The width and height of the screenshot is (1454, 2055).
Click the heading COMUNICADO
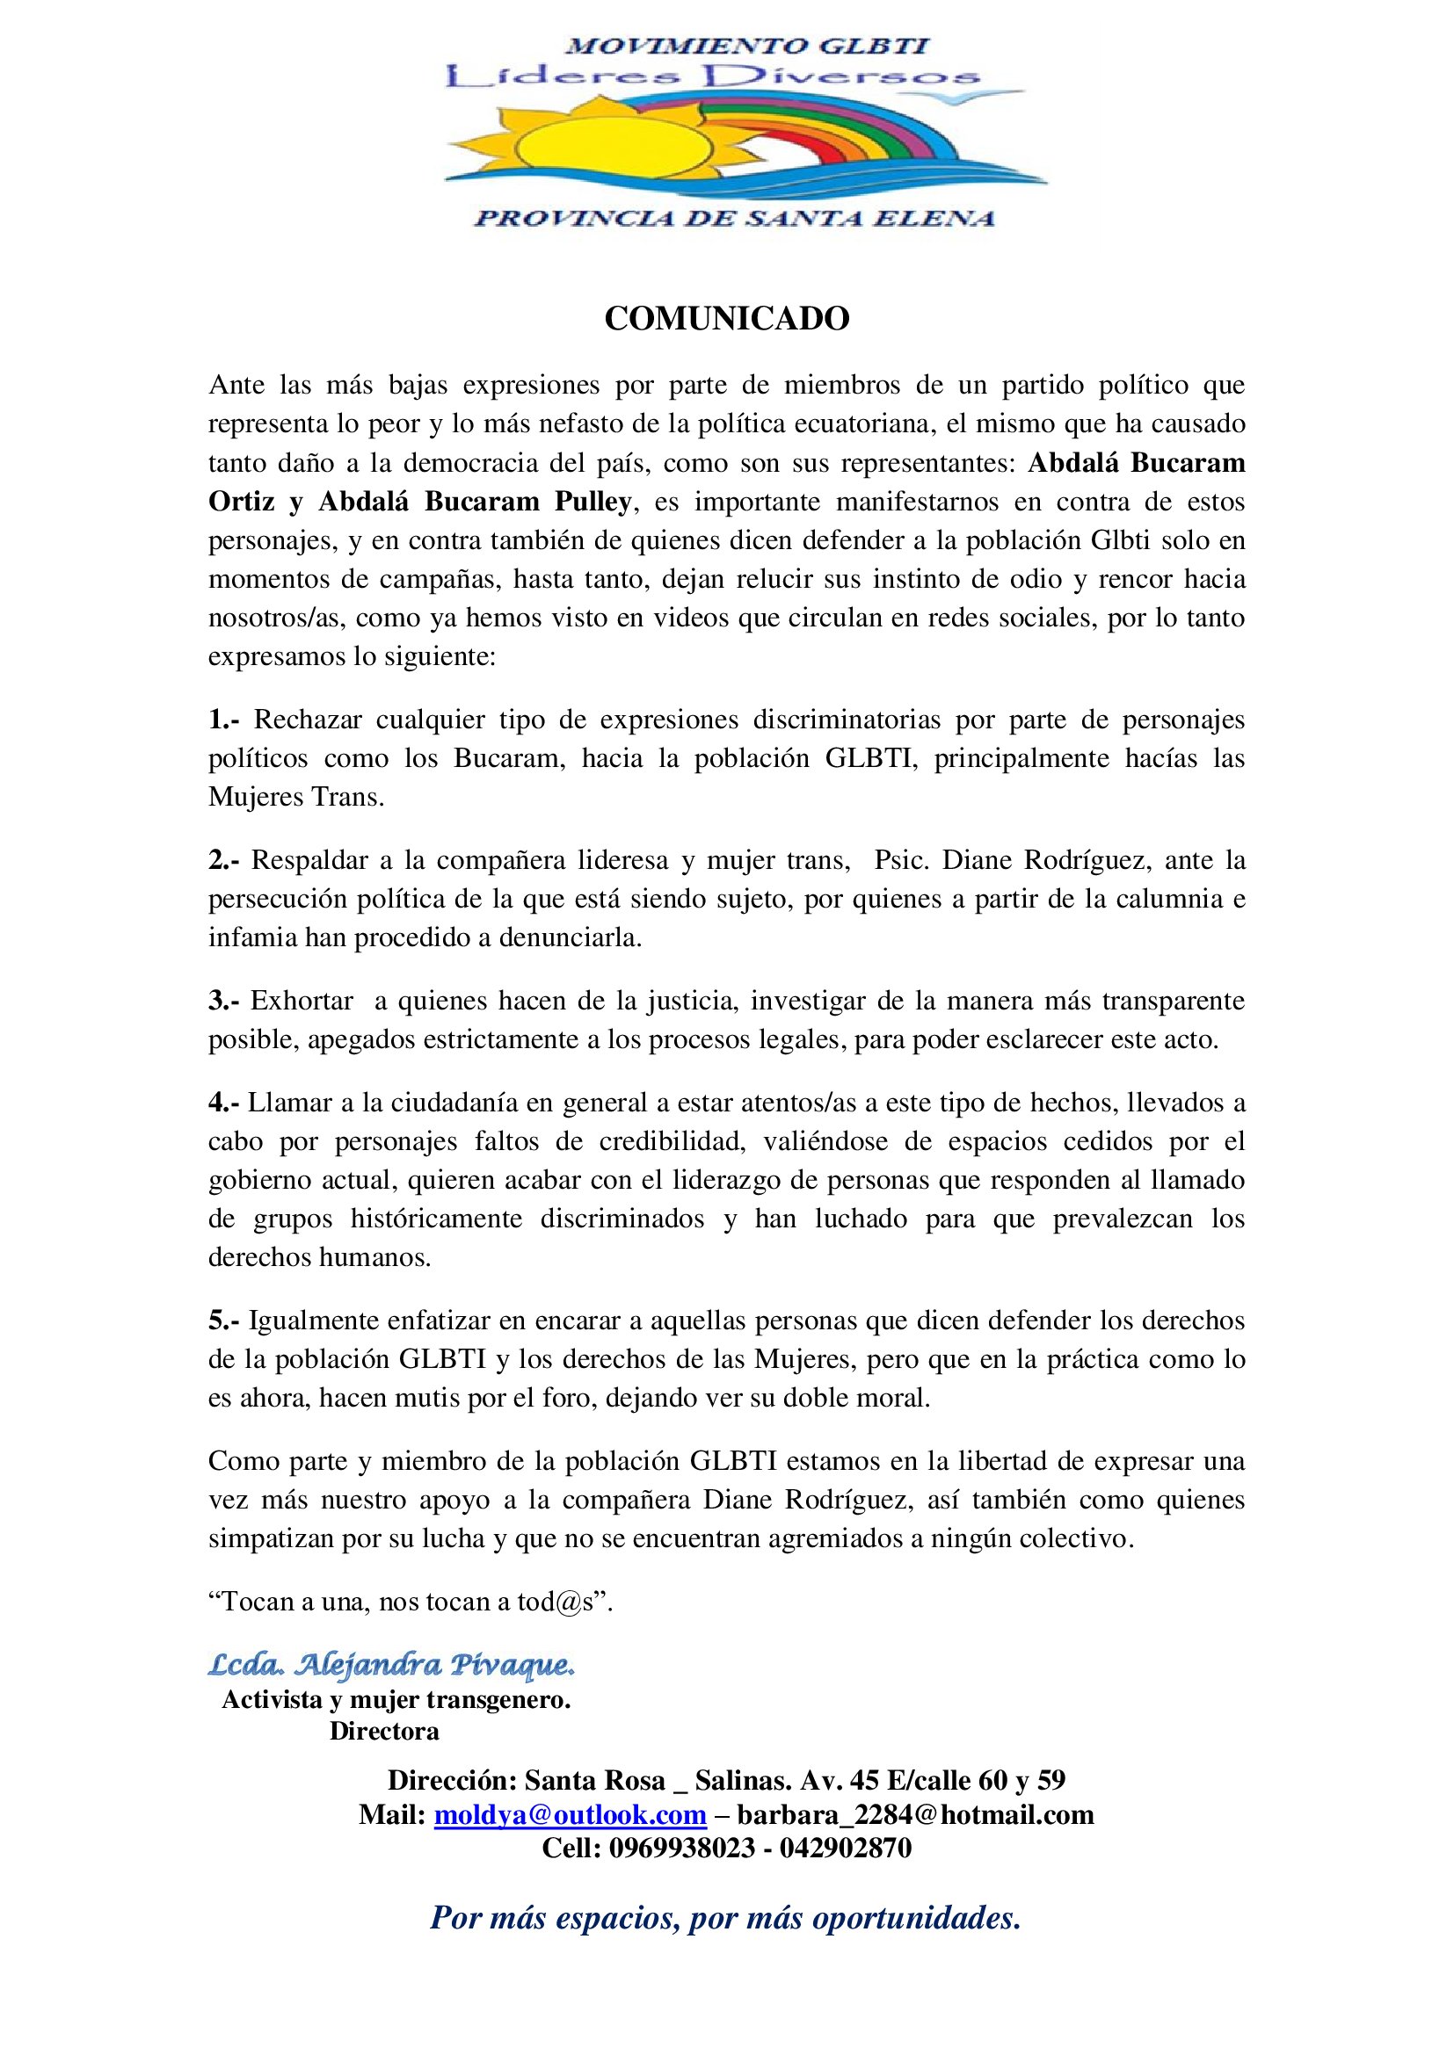tap(726, 319)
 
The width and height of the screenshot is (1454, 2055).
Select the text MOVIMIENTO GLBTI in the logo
tap(748, 46)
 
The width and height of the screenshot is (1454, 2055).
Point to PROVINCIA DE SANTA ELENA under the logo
tap(734, 218)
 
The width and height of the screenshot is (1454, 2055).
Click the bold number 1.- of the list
tap(224, 720)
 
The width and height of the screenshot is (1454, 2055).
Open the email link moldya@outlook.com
tap(571, 1814)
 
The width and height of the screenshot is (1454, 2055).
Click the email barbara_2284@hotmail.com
tap(915, 1814)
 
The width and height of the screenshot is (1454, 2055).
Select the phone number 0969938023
tap(682, 1848)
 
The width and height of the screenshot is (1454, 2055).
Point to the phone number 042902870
tap(845, 1848)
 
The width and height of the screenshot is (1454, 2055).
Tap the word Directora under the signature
tap(384, 1731)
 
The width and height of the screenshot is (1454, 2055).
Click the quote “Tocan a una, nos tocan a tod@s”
tap(411, 1602)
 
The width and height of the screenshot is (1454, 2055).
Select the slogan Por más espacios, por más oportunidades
tap(726, 1917)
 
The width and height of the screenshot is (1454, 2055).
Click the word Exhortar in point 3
tap(302, 1001)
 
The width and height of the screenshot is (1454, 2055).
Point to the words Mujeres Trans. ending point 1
tap(296, 797)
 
